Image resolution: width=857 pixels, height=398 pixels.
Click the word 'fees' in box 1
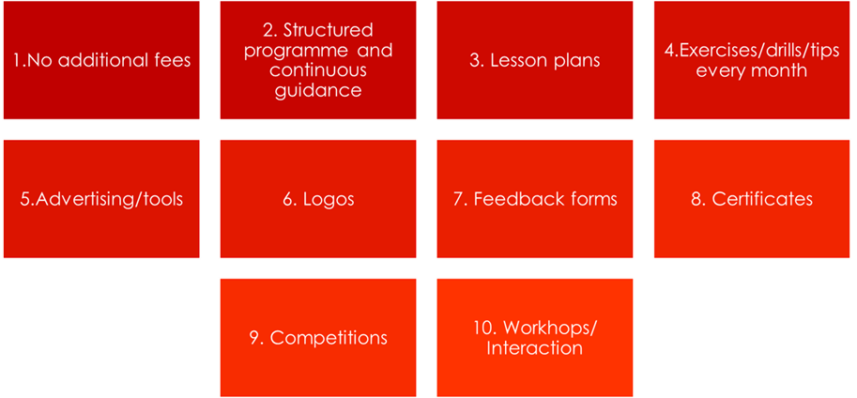174,60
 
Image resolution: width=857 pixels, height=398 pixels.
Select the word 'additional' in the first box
105,60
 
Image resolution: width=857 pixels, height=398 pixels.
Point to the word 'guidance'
318,90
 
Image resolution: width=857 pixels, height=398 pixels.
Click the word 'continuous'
317,70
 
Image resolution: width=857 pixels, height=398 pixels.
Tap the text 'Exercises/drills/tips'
759,51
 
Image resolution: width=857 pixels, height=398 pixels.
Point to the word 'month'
779,70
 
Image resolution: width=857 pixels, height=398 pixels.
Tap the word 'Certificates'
762,199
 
